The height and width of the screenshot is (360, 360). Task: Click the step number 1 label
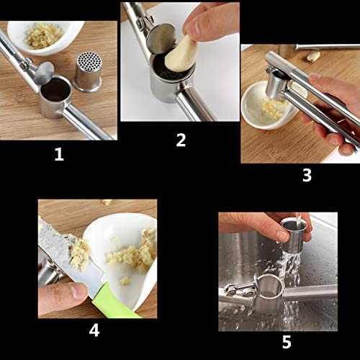(x=59, y=154)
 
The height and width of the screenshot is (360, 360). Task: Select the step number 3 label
(x=307, y=175)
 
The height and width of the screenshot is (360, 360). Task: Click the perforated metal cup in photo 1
(x=87, y=71)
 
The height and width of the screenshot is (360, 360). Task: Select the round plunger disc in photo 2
(x=160, y=40)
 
